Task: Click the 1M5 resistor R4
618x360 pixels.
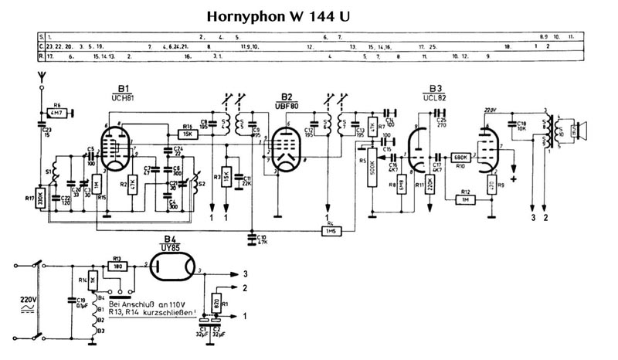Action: pyautogui.click(x=332, y=230)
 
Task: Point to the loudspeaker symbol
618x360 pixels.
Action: pyautogui.click(x=581, y=131)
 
